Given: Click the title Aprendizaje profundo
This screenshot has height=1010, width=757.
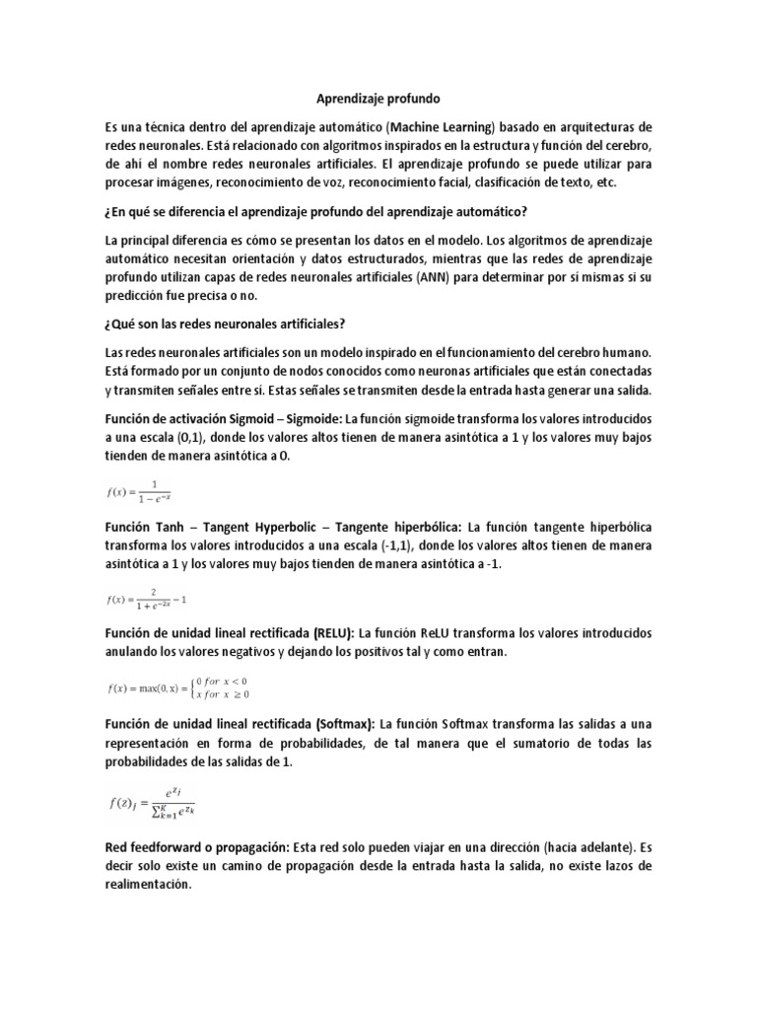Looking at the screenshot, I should (x=378, y=100).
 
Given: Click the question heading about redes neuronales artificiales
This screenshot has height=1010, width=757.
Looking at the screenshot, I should (x=232, y=325).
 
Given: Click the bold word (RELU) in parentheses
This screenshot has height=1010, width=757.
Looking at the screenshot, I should (x=328, y=632).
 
